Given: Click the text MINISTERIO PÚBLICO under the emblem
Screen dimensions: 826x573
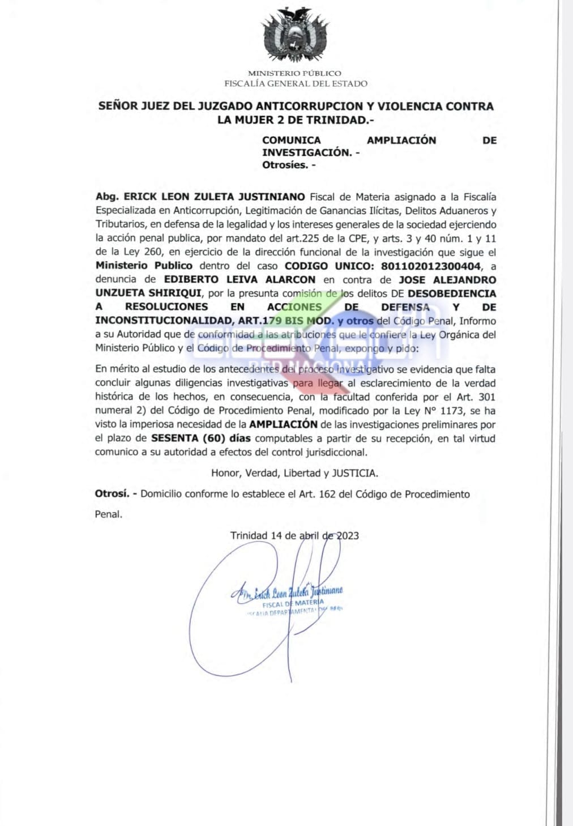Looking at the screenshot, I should (294, 73).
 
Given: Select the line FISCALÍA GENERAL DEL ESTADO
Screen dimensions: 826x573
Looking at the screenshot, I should (296, 84).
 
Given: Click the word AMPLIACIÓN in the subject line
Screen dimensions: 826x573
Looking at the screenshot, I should (401, 140).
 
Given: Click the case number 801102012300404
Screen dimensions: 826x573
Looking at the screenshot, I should (430, 266).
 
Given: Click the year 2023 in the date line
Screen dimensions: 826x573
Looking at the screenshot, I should (348, 535).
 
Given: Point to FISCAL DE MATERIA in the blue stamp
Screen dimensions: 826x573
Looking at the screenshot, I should (293, 604).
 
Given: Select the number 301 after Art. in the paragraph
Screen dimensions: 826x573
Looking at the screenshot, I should (487, 397).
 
